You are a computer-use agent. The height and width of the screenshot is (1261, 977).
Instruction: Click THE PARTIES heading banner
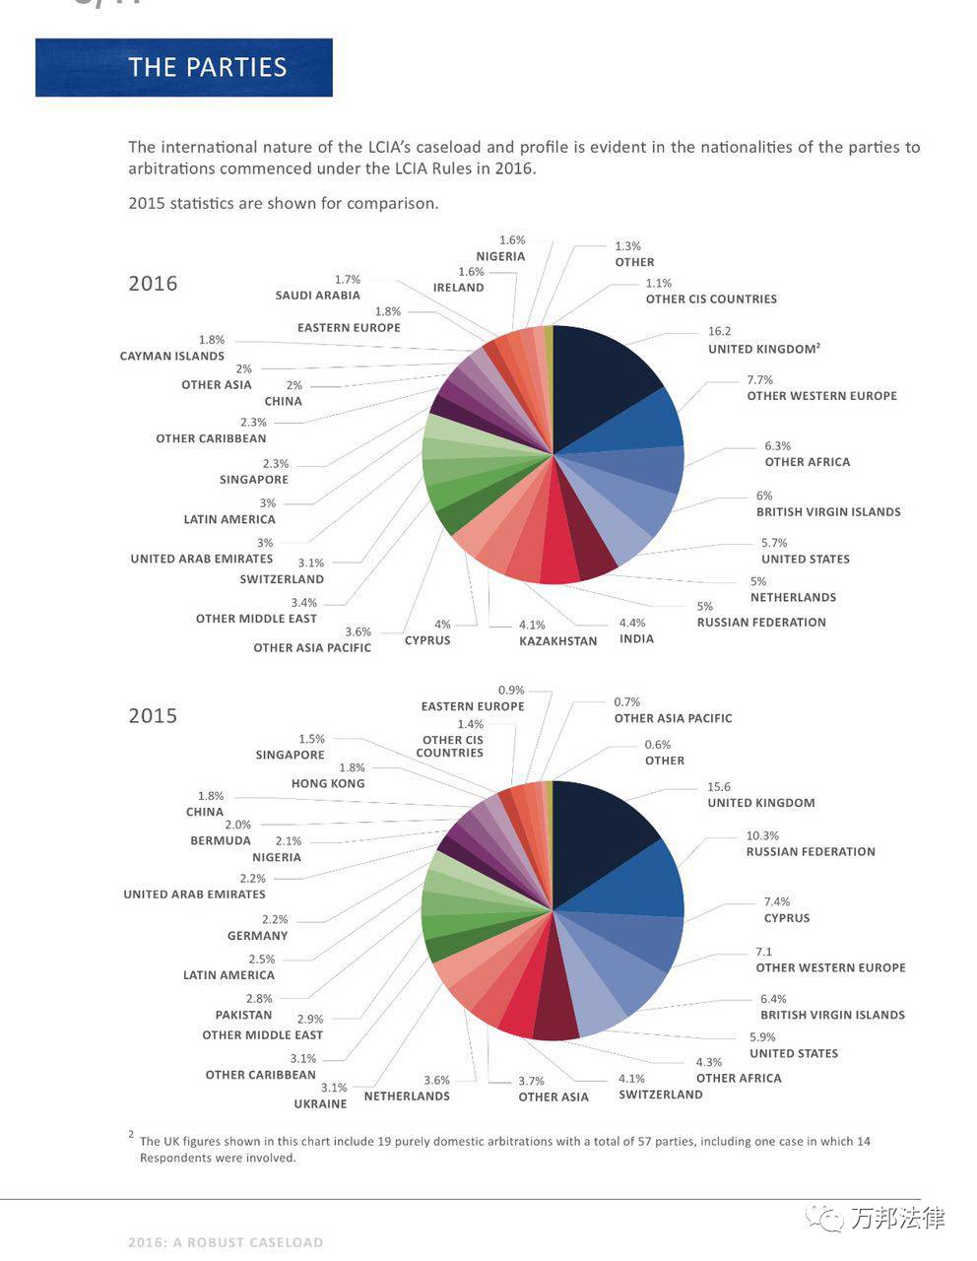[184, 67]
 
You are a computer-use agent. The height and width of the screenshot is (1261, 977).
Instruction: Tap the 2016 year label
[154, 284]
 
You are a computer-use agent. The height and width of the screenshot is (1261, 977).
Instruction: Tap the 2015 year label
[154, 715]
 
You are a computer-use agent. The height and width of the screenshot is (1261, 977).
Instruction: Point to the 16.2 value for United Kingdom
[719, 331]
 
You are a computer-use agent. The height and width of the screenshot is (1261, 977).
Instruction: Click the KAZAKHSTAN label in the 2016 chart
[558, 641]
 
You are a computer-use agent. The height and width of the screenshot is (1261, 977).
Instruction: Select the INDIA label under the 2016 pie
[636, 639]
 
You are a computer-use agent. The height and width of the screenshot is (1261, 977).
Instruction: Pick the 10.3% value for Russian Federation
[762, 835]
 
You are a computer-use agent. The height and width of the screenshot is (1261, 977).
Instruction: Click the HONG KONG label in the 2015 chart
[328, 783]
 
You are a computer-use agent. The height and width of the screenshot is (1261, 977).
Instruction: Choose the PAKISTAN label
[243, 1015]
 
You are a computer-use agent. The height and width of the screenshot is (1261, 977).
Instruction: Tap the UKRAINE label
[320, 1104]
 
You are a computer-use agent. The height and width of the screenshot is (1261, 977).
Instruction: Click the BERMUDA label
[221, 841]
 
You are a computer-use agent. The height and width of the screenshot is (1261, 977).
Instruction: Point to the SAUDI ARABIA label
[318, 296]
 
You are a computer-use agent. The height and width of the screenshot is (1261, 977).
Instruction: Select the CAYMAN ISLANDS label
[172, 357]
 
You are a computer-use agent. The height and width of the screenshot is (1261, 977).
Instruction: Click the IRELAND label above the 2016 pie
[458, 288]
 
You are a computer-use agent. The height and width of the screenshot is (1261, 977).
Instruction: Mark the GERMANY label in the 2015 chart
[258, 936]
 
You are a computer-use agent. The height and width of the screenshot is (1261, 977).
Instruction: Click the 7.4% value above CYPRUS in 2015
[777, 901]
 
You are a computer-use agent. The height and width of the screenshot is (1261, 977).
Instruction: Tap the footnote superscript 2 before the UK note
[132, 1134]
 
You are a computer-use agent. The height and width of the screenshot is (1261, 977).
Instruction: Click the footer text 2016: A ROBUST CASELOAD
[226, 1242]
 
